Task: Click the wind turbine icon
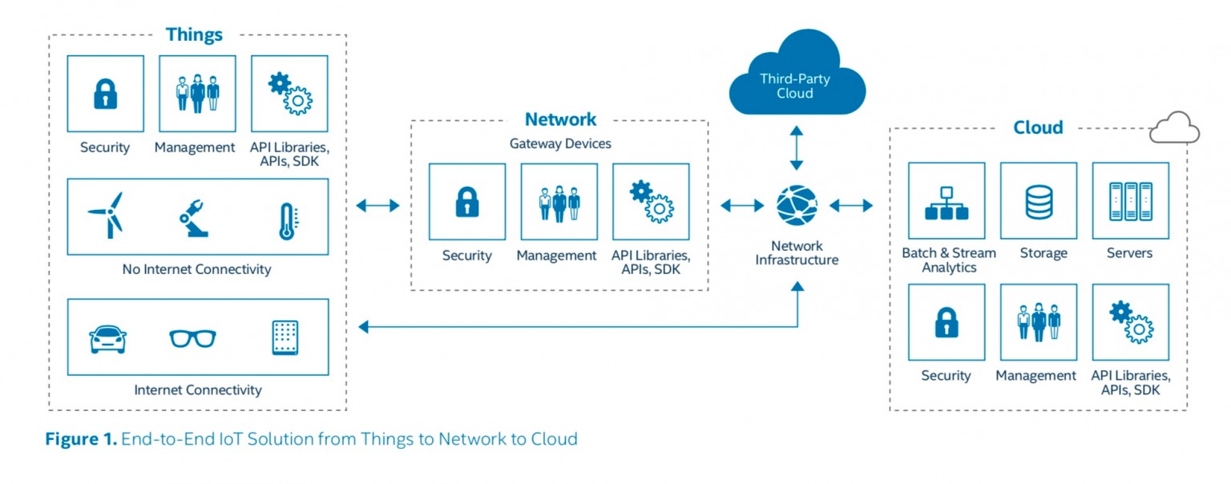[x=106, y=215]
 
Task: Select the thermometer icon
[x=287, y=220]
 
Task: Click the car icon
[x=107, y=338]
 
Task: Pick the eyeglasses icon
[x=192, y=338]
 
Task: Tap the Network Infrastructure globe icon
[x=797, y=206]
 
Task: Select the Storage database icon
[x=1039, y=201]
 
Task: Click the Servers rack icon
[x=1130, y=201]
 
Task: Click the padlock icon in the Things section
[x=105, y=94]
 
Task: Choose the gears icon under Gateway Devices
[x=651, y=202]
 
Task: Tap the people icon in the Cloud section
[x=1039, y=321]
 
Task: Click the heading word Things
[x=194, y=34]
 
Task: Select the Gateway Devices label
[x=560, y=143]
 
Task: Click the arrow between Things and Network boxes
[x=377, y=206]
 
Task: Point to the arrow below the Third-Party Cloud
[x=796, y=148]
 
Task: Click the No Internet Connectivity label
[x=196, y=269]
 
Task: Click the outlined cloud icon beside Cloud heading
[x=1174, y=127]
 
